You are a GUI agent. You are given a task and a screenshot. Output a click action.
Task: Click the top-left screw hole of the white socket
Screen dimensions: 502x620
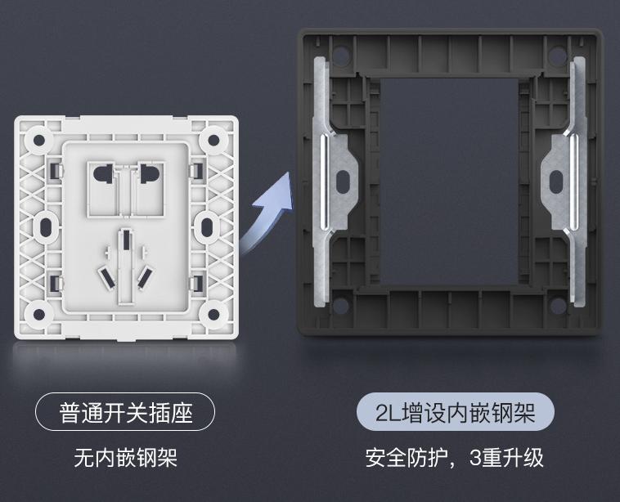click(37, 140)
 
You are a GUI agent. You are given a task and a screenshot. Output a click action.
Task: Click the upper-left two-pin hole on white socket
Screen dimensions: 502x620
click(104, 173)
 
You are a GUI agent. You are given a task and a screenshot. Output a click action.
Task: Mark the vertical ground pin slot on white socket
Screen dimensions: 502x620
click(126, 243)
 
